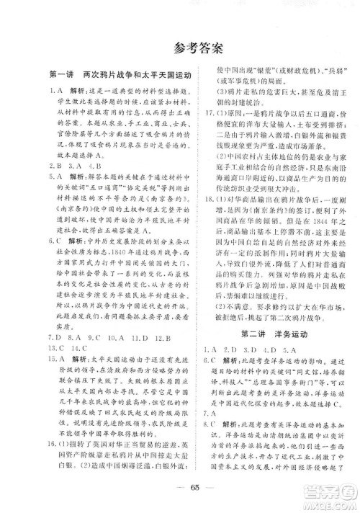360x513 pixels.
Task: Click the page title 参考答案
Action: click(180, 49)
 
